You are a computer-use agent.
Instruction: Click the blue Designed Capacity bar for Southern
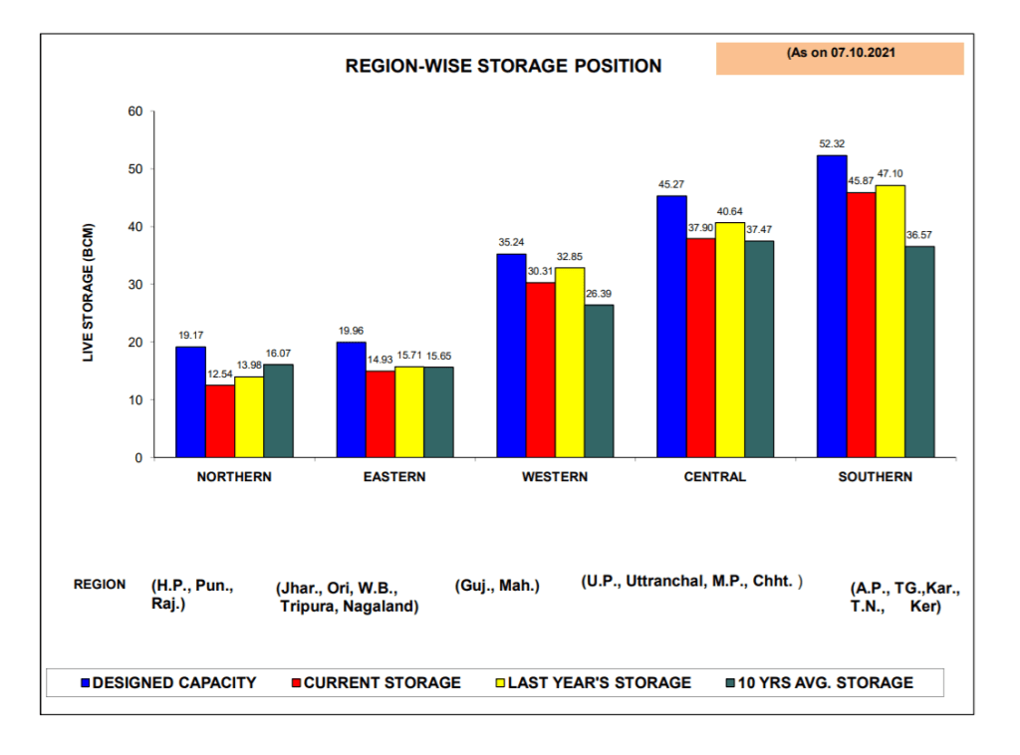point(832,307)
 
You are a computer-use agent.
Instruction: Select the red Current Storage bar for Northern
point(219,421)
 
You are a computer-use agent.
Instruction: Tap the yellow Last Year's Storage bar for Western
point(570,363)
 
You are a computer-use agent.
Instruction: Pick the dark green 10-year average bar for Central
point(758,349)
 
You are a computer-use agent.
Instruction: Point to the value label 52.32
point(832,144)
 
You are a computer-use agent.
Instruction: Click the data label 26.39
point(599,294)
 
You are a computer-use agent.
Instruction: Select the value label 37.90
point(700,227)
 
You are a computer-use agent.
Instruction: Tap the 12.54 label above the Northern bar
point(219,374)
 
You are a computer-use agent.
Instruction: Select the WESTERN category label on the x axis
point(555,477)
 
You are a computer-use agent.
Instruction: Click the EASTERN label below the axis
point(394,477)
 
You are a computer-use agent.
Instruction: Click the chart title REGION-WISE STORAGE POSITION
point(503,67)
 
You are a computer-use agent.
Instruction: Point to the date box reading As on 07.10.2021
point(840,55)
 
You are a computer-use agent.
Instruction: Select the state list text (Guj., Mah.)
point(496,586)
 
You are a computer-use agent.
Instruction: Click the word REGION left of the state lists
point(100,585)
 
